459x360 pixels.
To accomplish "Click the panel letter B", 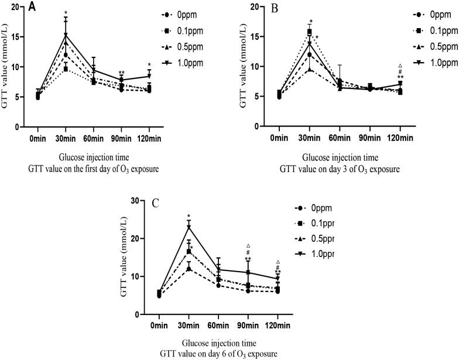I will point(255,8).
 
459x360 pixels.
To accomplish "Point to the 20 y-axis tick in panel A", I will point(13,7).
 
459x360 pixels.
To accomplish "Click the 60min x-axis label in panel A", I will point(84,138).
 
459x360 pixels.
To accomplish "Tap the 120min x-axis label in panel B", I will point(400,138).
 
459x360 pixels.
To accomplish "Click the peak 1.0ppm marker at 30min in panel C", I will point(189,227).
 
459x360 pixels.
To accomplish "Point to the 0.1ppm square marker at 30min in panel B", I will point(310,33).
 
